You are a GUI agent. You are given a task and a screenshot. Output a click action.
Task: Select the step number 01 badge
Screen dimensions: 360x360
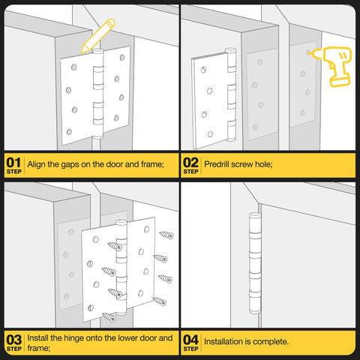(x=13, y=163)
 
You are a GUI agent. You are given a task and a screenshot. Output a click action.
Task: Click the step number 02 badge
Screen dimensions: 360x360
(x=191, y=163)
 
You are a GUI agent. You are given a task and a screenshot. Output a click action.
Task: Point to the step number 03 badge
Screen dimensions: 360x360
(x=13, y=341)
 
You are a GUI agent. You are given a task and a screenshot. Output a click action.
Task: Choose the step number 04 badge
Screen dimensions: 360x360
(x=191, y=341)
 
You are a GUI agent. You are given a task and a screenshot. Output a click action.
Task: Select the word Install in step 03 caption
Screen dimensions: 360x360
(x=40, y=337)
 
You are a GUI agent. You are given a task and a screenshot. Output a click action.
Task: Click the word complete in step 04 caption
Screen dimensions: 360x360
(x=270, y=341)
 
